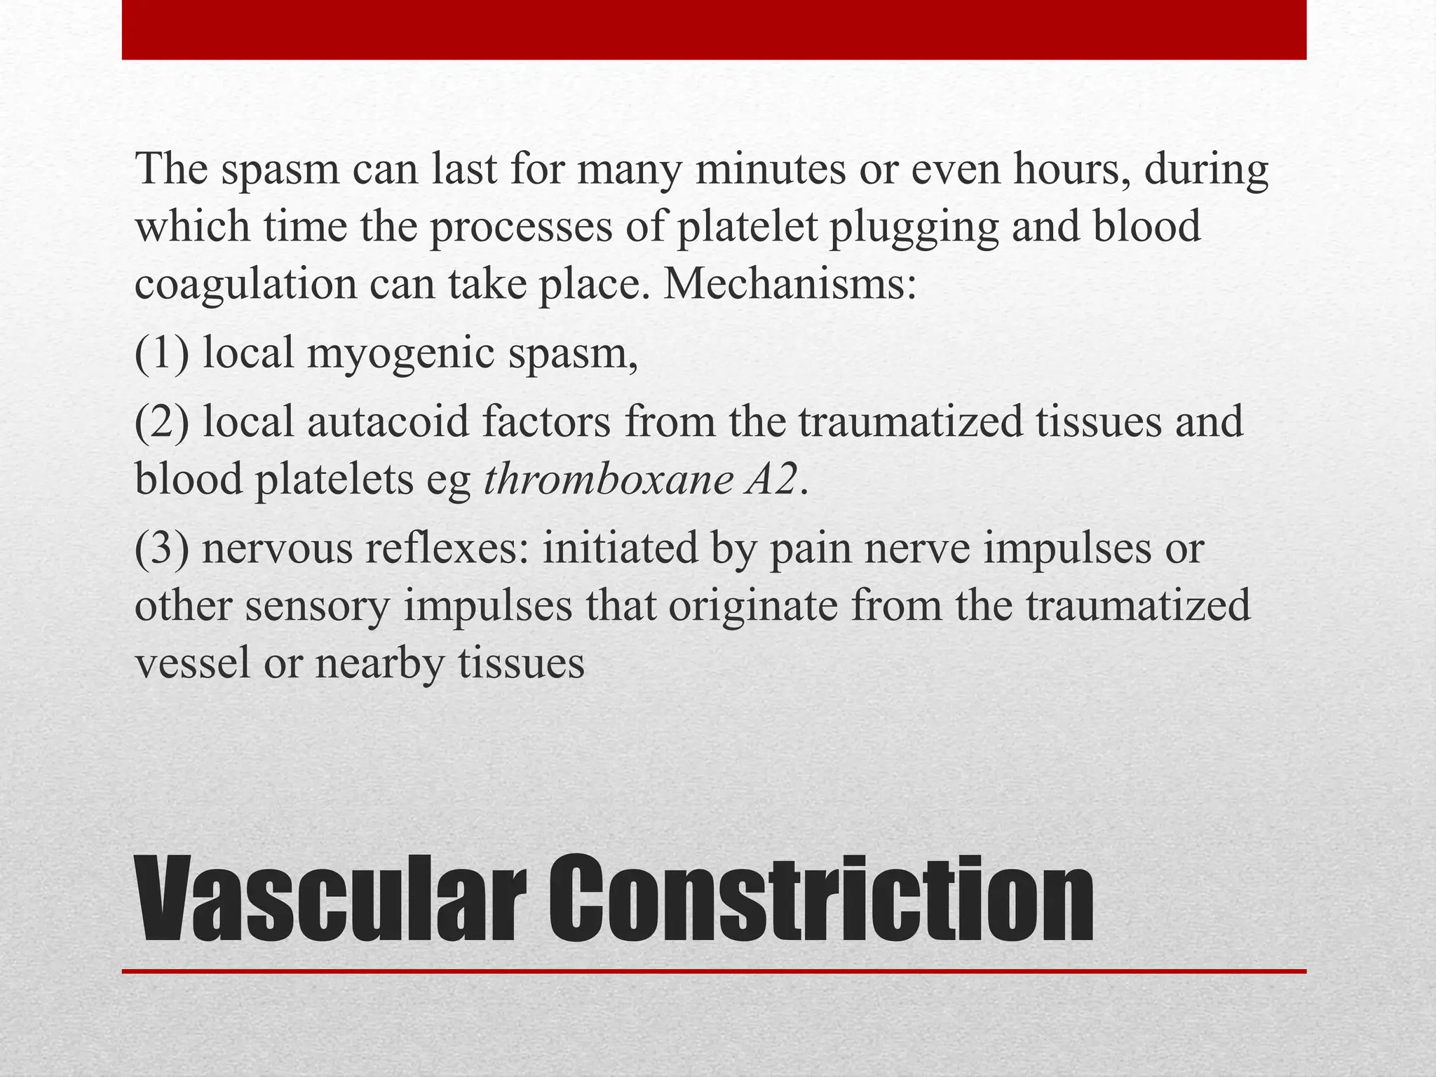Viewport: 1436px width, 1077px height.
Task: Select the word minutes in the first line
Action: [x=770, y=170]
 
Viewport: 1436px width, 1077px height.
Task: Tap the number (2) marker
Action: [x=162, y=422]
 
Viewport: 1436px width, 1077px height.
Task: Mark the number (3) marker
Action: [x=162, y=548]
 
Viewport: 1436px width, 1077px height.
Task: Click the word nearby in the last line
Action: [x=379, y=664]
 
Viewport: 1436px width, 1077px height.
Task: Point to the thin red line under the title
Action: [x=714, y=971]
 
